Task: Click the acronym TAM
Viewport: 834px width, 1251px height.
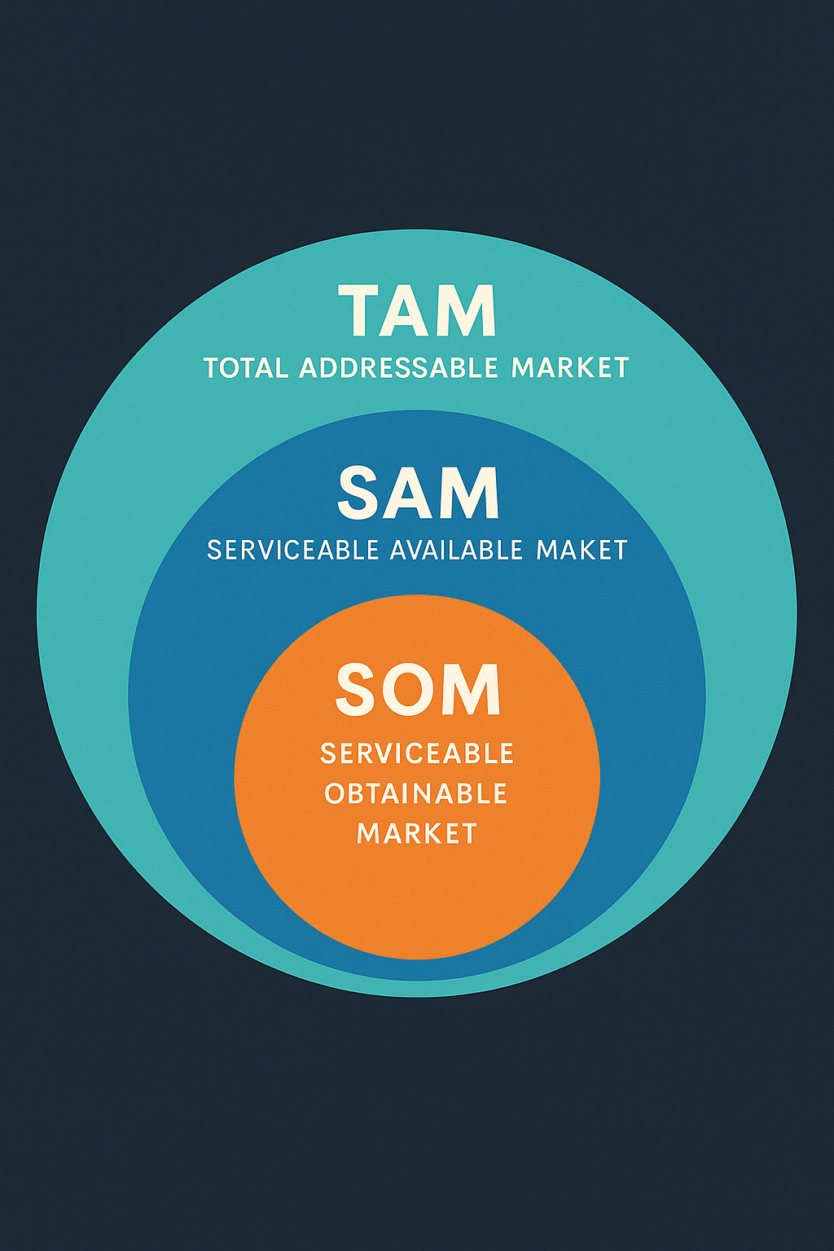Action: point(417,310)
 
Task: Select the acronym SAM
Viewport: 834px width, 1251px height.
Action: point(418,493)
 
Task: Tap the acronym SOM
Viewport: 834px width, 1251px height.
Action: point(418,690)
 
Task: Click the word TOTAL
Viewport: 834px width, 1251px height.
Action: point(246,368)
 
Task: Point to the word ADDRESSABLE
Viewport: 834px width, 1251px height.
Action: point(398,368)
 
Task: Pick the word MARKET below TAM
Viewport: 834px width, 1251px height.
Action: point(570,368)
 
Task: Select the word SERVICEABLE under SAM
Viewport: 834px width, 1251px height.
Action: point(293,551)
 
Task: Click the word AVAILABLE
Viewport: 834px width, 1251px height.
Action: point(456,551)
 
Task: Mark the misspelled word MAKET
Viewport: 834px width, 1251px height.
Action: point(582,551)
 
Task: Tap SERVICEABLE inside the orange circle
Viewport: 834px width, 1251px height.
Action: point(417,753)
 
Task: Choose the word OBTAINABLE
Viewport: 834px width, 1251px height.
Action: point(416,793)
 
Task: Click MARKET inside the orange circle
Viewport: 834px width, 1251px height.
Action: point(417,833)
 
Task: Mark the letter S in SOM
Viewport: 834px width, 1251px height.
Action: point(358,690)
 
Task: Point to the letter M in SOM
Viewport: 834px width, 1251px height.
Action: point(472,690)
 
